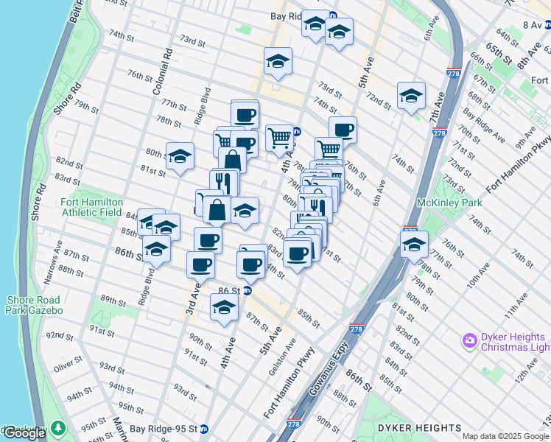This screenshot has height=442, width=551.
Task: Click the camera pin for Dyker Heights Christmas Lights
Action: [470, 340]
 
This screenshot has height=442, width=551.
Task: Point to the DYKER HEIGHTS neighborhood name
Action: [420, 428]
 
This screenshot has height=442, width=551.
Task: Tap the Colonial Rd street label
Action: [161, 73]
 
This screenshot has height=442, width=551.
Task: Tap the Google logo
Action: [24, 433]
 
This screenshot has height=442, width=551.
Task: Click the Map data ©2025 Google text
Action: [505, 436]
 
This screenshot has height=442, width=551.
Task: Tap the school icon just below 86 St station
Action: [224, 307]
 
